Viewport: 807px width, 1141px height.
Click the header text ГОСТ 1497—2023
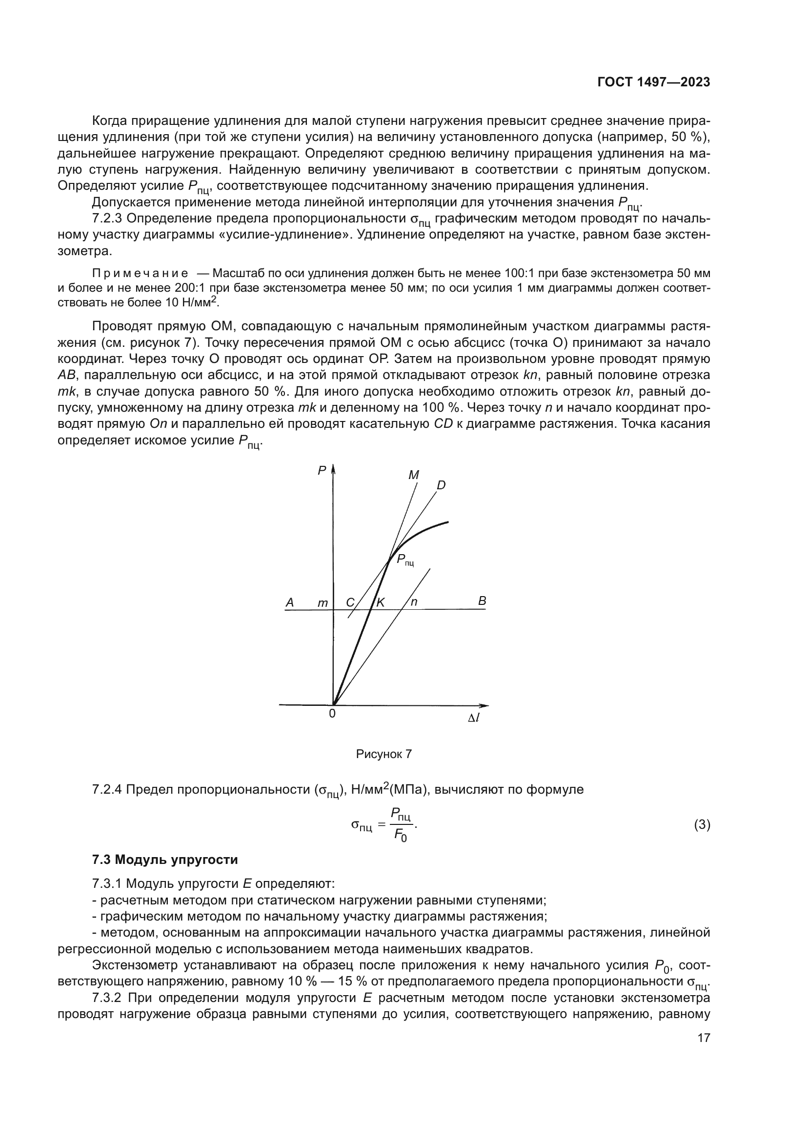tap(653, 82)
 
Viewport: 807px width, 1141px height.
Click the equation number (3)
tap(702, 825)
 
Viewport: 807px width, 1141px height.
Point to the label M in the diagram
tap(413, 475)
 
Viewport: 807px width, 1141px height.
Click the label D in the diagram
tap(441, 485)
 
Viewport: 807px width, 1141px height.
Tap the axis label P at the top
tap(322, 470)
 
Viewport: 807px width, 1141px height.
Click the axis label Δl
tap(474, 718)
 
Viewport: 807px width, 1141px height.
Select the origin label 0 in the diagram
tap(332, 714)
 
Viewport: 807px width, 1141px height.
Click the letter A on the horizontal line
tap(289, 602)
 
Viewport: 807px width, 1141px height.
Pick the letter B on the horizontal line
tap(482, 601)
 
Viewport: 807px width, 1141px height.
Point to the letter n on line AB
tap(414, 602)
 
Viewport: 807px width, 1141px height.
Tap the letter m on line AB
tap(323, 603)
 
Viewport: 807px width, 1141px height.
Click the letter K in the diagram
tap(380, 602)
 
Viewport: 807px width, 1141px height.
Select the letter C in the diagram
tap(350, 602)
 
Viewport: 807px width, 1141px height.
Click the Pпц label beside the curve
tap(405, 560)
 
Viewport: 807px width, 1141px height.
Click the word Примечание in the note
tap(140, 273)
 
